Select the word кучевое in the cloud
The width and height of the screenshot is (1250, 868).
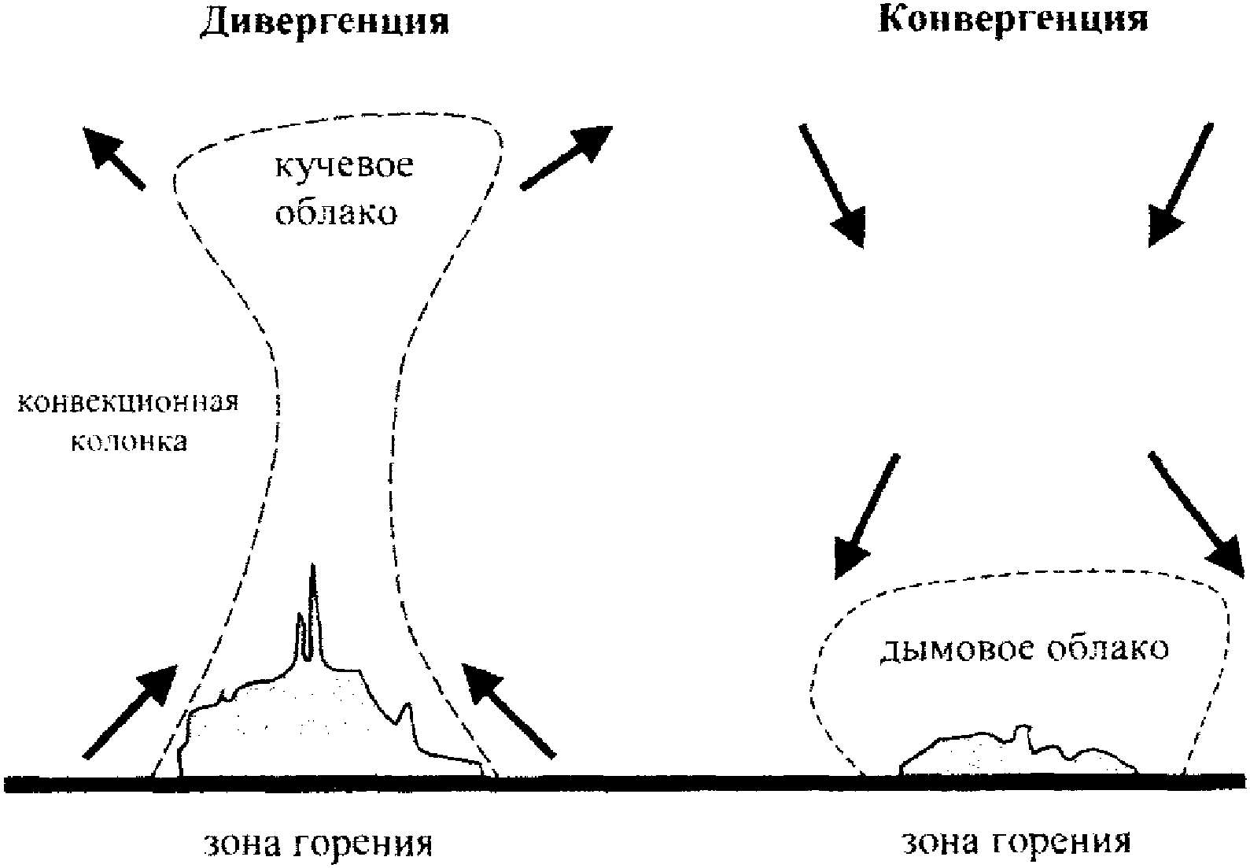tap(343, 168)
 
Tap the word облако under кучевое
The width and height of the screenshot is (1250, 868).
tap(335, 212)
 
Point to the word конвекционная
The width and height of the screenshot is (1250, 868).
tap(127, 403)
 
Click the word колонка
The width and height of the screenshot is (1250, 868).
tap(131, 442)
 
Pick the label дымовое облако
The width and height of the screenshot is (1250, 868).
tap(1023, 648)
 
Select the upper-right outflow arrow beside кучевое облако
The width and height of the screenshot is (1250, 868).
tap(566, 157)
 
